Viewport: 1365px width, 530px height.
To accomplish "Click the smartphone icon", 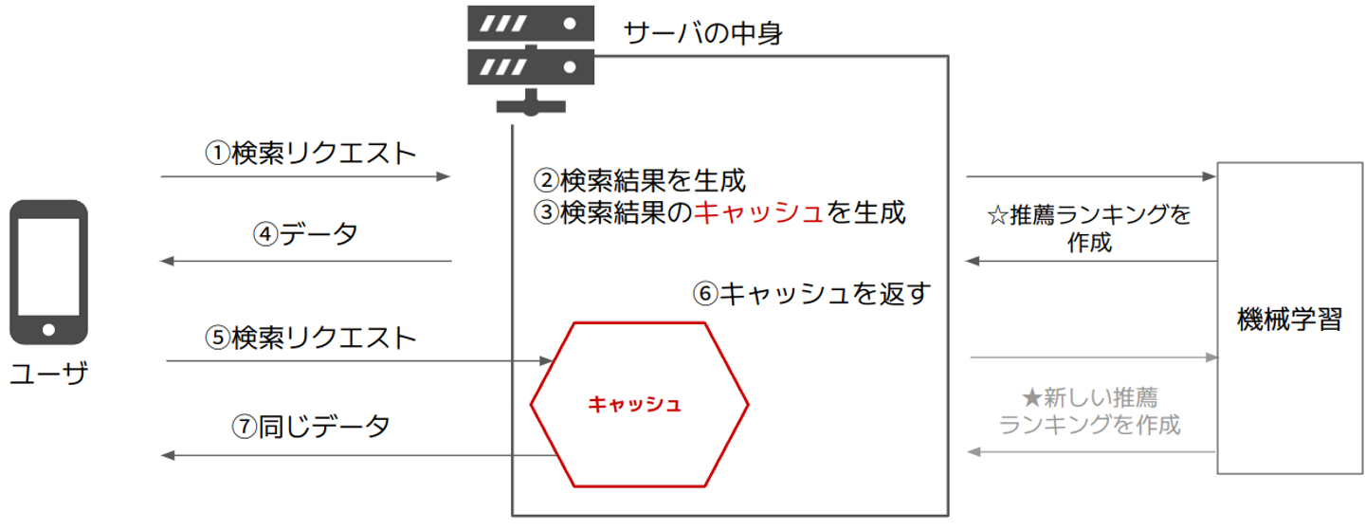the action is (48, 272).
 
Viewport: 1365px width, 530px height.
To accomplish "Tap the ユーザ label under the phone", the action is (49, 373).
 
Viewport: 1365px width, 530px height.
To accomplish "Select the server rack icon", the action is (531, 61).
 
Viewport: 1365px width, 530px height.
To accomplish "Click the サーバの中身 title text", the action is (702, 32).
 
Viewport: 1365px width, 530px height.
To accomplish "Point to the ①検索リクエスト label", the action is (311, 153).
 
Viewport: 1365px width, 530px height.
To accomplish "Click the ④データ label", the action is (306, 234).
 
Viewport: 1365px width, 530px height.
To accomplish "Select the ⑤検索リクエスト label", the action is (311, 338).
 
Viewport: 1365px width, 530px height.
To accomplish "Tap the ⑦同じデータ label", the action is (311, 427).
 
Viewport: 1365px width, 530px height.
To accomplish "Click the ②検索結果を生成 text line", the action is (639, 180).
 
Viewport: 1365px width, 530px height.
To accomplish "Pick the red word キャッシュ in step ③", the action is (758, 212).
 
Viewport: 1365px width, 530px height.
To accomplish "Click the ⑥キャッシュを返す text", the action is (811, 294).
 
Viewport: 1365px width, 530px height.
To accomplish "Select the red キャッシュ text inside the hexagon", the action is (634, 404).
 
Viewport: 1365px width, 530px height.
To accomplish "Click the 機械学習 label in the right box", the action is (1289, 319).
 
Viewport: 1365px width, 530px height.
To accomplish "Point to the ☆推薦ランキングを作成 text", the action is (1089, 228).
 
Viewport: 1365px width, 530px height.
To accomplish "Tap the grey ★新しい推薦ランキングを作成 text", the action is (1089, 411).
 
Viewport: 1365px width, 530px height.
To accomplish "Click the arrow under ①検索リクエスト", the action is (305, 176).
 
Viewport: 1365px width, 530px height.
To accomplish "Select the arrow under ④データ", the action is (305, 262).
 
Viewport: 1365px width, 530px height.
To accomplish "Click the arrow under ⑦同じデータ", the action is (359, 455).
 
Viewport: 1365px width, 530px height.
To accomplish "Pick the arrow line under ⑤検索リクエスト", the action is (359, 361).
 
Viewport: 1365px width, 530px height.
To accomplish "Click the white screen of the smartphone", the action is (48, 266).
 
